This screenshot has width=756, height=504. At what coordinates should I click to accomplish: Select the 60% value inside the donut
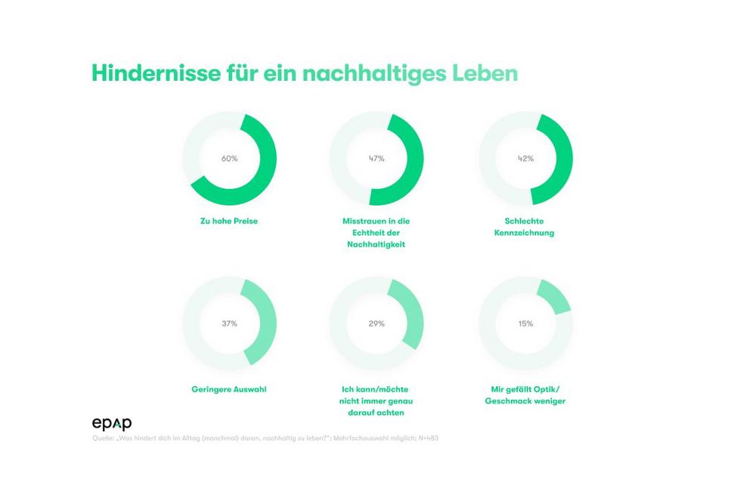click(x=229, y=159)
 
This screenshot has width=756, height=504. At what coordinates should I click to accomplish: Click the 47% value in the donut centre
click(x=376, y=159)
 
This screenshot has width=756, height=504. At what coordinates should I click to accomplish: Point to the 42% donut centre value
click(x=525, y=159)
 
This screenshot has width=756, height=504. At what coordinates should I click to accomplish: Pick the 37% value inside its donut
click(x=229, y=323)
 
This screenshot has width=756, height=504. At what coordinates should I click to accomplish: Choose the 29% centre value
click(x=376, y=323)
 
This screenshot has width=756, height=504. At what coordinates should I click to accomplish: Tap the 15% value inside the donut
click(x=525, y=323)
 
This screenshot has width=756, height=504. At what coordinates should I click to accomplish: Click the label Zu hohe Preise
click(x=229, y=221)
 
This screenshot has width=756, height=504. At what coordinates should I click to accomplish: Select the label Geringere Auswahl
click(x=229, y=390)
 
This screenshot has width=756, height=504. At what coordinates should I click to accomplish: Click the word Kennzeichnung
click(x=525, y=233)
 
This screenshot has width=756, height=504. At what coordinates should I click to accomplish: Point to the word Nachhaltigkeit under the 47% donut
click(x=376, y=244)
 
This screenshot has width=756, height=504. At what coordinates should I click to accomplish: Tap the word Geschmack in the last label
click(x=515, y=401)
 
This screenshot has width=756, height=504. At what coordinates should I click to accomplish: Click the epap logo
click(x=111, y=423)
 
